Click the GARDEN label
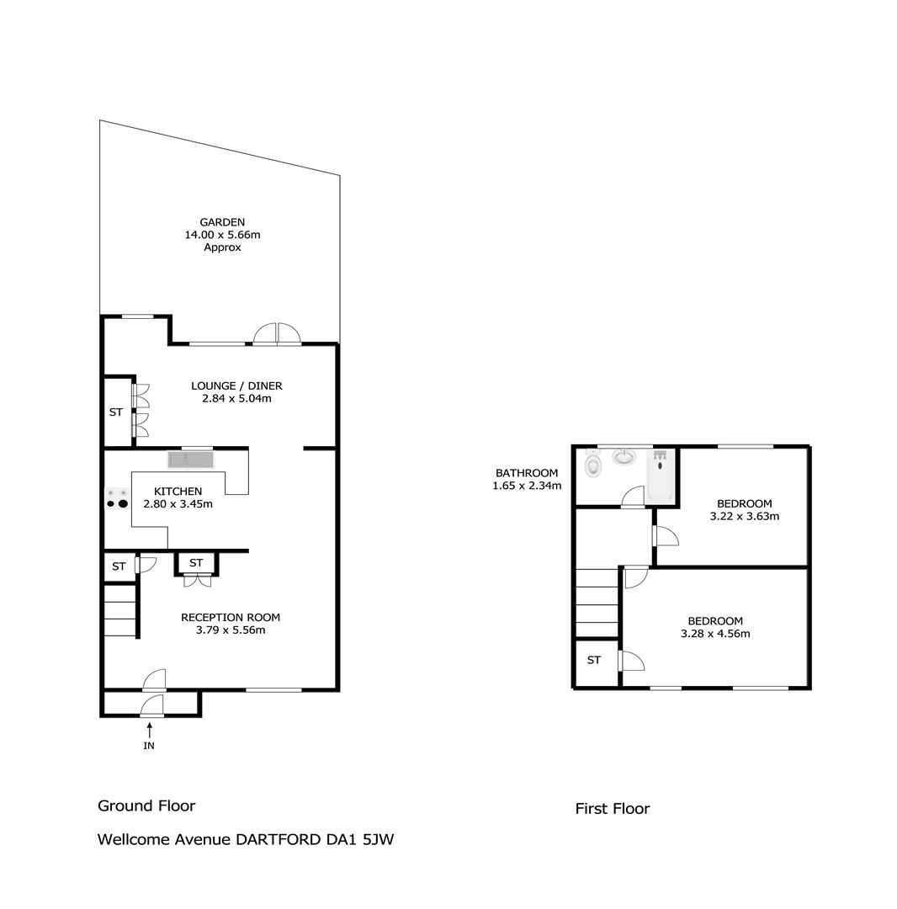pyautogui.click(x=222, y=222)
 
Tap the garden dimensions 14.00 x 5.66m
pyautogui.click(x=222, y=235)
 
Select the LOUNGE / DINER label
pyautogui.click(x=236, y=385)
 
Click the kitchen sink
pyautogui.click(x=191, y=460)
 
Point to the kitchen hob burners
pyautogui.click(x=116, y=498)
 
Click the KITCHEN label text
pyautogui.click(x=178, y=491)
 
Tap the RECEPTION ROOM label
pyautogui.click(x=231, y=618)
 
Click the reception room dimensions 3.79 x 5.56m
pyautogui.click(x=231, y=630)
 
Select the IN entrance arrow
pyautogui.click(x=150, y=729)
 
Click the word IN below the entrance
pyautogui.click(x=149, y=746)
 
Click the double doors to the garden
pyautogui.click(x=278, y=334)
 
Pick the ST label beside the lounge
pyautogui.click(x=116, y=412)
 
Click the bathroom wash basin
pyautogui.click(x=624, y=457)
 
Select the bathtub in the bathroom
pyautogui.click(x=660, y=475)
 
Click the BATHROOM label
pyautogui.click(x=527, y=473)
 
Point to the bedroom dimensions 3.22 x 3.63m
pyautogui.click(x=745, y=516)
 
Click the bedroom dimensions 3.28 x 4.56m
pyautogui.click(x=715, y=634)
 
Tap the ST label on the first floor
pyautogui.click(x=594, y=660)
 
